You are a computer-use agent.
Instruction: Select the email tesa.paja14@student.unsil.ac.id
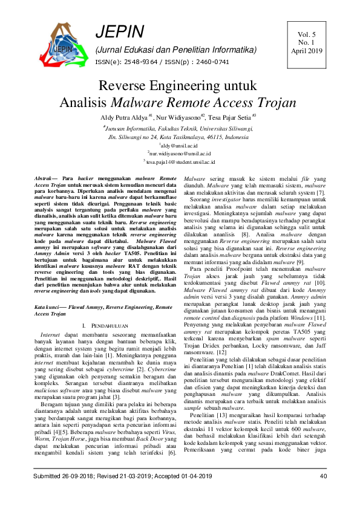click(x=179, y=163)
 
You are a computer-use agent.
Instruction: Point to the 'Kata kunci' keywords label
click(x=47, y=308)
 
